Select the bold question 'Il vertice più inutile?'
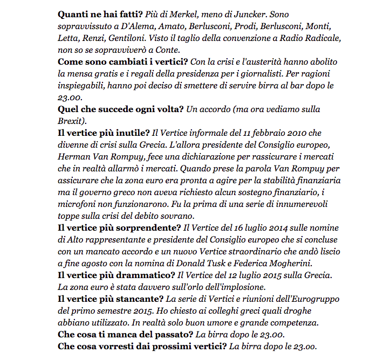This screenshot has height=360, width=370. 104,133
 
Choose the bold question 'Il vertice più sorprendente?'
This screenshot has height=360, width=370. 119,227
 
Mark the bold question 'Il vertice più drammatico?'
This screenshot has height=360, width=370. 117,275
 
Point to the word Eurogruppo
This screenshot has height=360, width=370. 296,299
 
